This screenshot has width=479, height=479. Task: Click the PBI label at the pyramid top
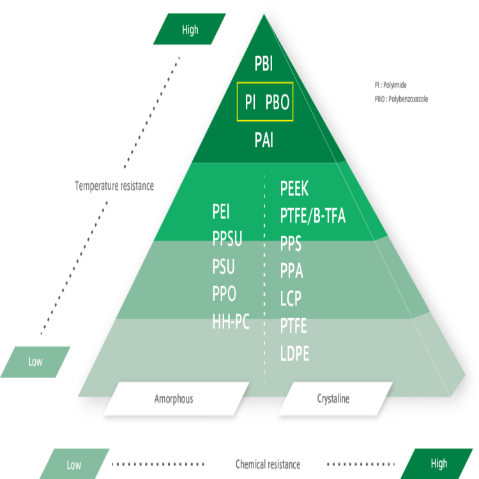coord(264,65)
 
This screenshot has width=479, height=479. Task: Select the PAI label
coord(264,141)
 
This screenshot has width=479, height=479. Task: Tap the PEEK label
coord(294,189)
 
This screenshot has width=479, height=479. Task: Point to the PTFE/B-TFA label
coord(312,217)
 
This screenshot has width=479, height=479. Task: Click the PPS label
coord(291,244)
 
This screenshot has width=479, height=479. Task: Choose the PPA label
coord(291,271)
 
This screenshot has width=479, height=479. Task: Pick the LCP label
coord(291,299)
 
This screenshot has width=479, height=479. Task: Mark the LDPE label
coord(294,354)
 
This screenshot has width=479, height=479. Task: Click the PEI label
coord(221,212)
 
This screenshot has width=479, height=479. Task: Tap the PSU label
coord(224,267)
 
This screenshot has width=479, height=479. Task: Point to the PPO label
coord(224,294)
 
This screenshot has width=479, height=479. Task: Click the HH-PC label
coord(231,322)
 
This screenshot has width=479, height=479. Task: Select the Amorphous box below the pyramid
coord(174,399)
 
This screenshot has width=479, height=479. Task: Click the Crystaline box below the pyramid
coord(333,399)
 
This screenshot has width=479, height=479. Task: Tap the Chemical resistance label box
coord(267,464)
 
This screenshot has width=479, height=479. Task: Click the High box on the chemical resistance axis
coord(438,464)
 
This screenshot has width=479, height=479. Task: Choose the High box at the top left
coord(190,30)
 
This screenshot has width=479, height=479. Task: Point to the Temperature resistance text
coord(114,186)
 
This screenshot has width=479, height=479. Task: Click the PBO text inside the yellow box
coord(277,102)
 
